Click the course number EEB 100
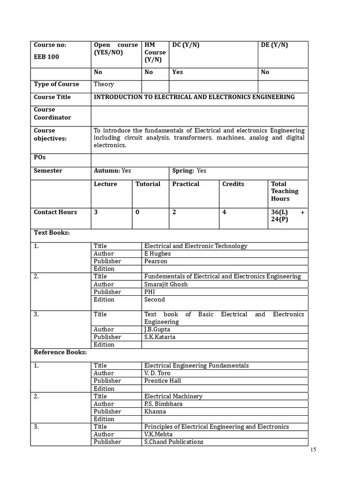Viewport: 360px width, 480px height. point(46,57)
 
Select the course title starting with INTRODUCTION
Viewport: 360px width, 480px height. point(194,97)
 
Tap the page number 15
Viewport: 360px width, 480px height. point(313,450)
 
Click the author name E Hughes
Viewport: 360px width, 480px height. point(157,254)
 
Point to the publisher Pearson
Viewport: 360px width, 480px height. point(156,261)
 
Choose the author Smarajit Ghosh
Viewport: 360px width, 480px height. point(165,284)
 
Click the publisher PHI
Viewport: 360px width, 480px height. point(150,292)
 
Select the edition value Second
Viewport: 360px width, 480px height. point(155,300)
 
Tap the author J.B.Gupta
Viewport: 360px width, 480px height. point(157,330)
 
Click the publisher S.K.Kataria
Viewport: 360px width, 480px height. point(160,337)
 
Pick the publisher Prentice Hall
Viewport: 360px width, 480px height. point(163,381)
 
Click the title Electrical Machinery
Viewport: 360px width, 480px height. point(173,396)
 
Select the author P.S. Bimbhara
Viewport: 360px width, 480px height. point(164,404)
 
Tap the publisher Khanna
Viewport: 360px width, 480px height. point(155,412)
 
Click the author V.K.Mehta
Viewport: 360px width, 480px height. point(158,434)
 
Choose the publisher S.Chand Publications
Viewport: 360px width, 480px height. point(174,442)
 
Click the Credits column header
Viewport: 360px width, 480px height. point(233,184)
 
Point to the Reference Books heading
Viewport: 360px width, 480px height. point(60,352)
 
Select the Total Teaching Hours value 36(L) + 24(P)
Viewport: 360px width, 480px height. point(287,216)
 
